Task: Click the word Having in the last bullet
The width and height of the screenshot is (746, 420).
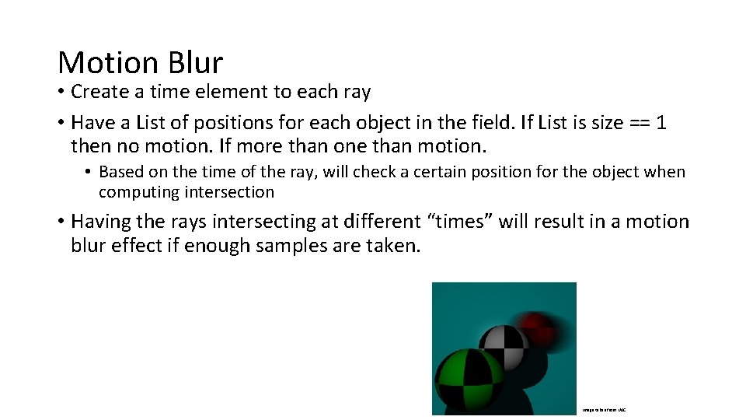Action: pos(101,222)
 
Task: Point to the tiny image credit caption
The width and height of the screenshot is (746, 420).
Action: pos(604,409)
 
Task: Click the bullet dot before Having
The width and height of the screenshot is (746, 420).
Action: pos(61,222)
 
